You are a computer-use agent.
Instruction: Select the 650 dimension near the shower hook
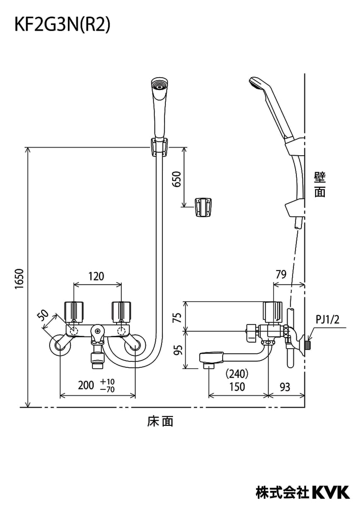tap(178, 179)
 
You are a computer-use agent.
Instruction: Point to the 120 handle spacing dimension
tap(96, 277)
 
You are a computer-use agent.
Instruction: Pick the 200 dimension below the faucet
tap(86, 385)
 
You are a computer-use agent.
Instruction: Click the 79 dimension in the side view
tap(281, 274)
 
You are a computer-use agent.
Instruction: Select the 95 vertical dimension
tap(179, 350)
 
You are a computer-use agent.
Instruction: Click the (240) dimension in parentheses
tap(237, 374)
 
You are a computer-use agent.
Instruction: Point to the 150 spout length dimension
tap(237, 386)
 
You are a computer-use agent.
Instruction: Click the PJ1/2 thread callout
tap(328, 319)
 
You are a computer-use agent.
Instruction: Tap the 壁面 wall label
tap(320, 184)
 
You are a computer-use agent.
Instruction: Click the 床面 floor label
tap(160, 421)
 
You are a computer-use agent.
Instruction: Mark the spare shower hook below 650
tap(204, 207)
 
